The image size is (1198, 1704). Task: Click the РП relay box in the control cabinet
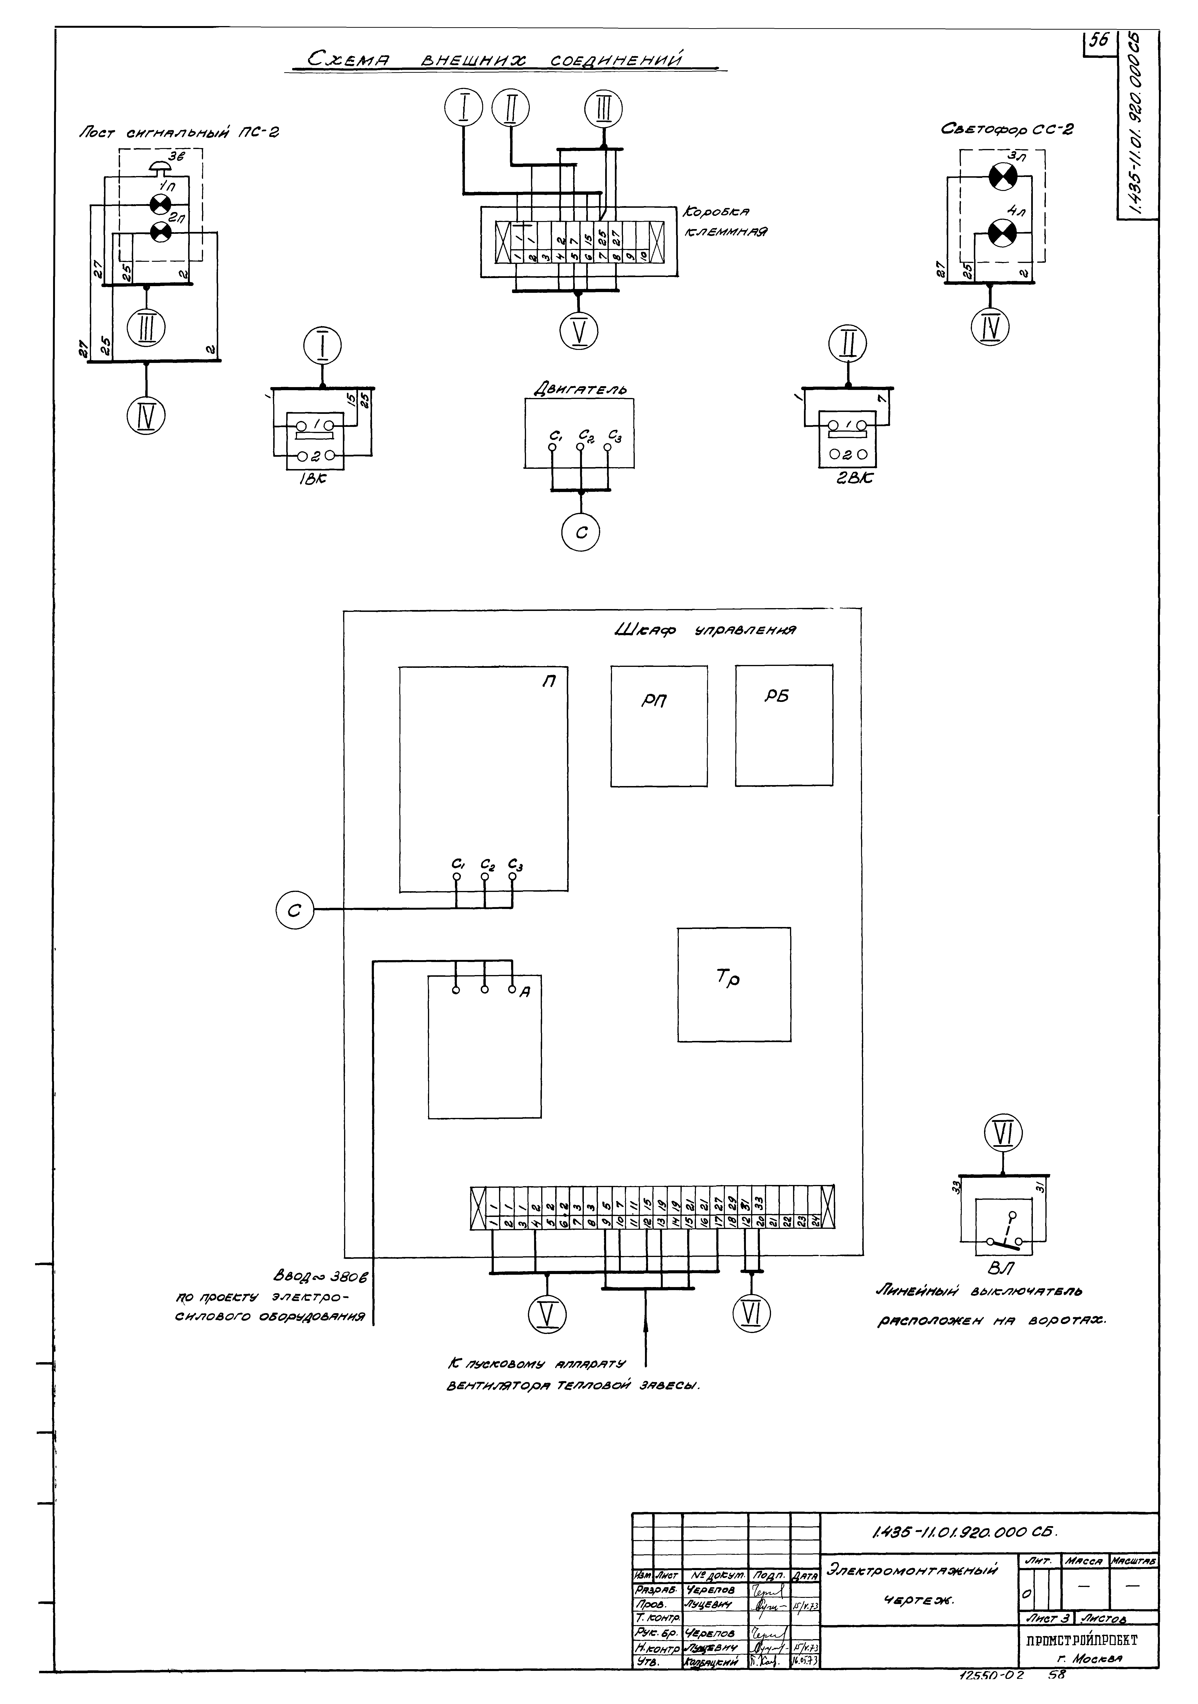point(658,725)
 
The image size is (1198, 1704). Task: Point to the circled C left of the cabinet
point(295,910)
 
